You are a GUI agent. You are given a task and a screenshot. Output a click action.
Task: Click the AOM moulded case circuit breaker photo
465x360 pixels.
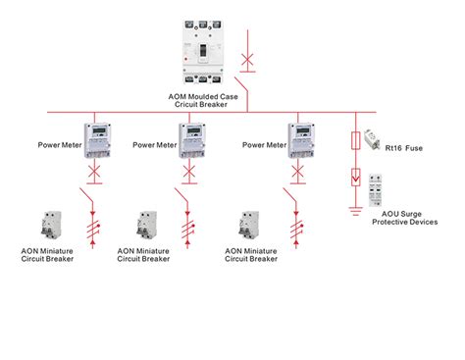(209, 55)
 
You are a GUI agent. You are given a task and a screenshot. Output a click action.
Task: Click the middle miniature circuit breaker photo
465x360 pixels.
(148, 227)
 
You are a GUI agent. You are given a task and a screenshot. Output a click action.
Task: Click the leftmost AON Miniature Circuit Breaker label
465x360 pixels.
(46, 254)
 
